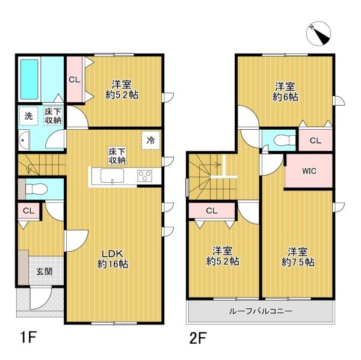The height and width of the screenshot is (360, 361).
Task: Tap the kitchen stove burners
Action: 145,176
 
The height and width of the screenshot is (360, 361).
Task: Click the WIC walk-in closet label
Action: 309,171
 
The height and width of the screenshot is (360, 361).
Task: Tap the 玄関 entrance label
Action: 44,271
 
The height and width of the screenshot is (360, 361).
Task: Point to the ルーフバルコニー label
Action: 260,311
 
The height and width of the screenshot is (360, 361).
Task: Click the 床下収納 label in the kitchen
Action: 117,155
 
